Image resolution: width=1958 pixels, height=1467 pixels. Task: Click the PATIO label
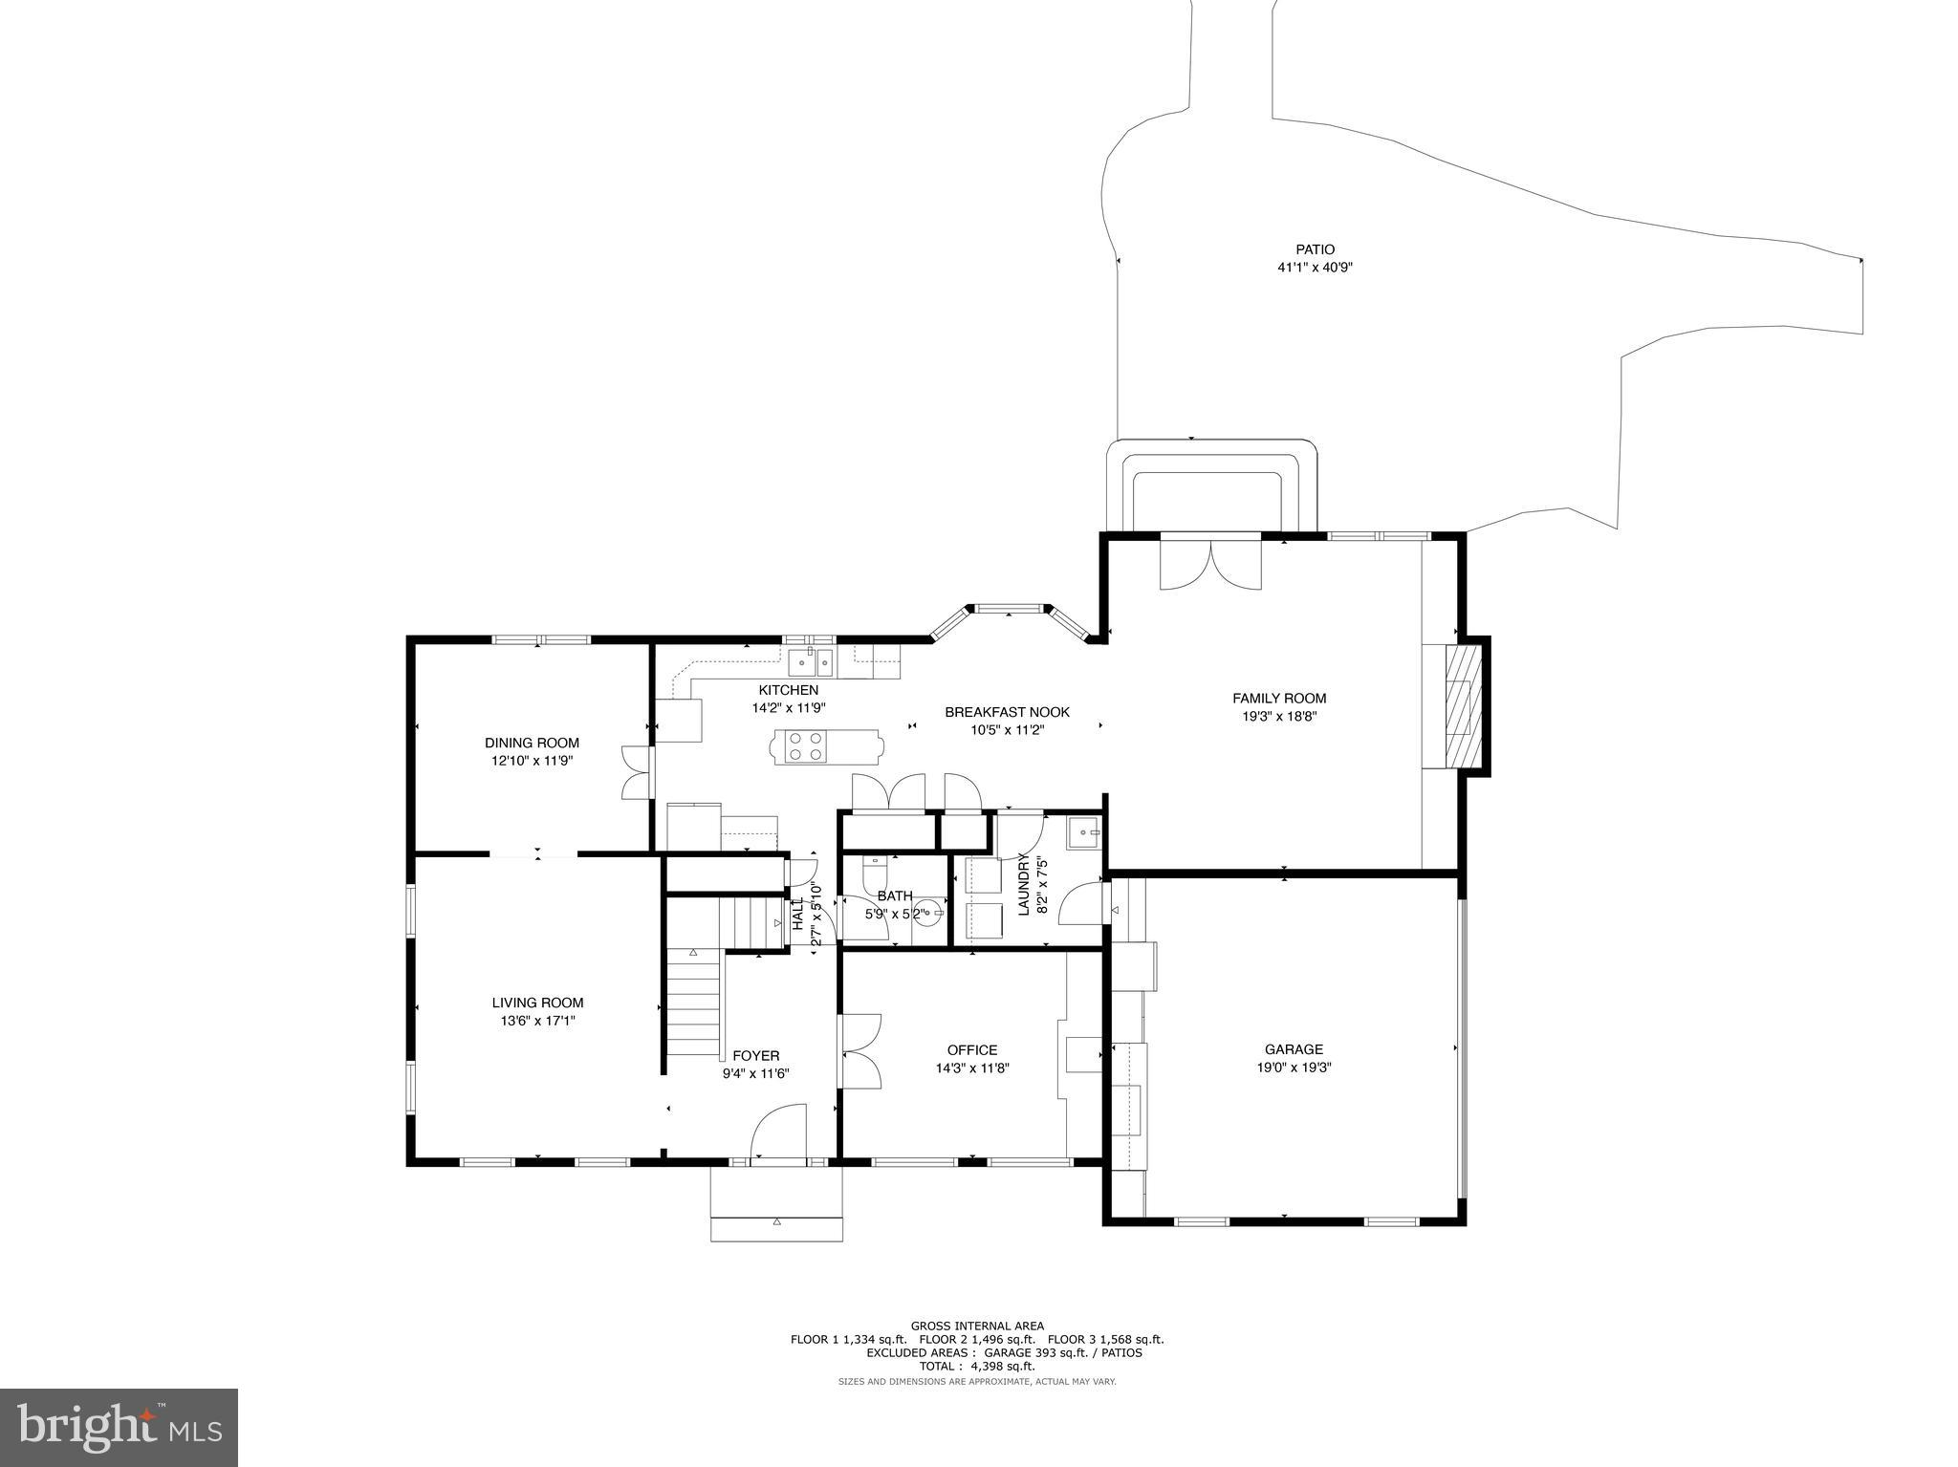coord(1316,249)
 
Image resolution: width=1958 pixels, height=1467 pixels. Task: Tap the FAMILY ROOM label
coord(1279,698)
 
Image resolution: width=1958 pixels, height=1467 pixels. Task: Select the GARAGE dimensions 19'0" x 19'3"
coord(1294,1068)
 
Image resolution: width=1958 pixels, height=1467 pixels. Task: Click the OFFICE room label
coord(972,1049)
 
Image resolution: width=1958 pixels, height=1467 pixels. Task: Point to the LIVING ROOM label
coord(537,1003)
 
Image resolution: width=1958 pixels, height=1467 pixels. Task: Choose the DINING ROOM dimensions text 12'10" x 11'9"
coord(532,761)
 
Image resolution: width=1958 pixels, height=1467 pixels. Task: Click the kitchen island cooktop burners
coord(805,745)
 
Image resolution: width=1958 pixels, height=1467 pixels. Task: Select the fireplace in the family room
coord(1460,705)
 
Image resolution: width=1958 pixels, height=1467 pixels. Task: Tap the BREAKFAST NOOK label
coord(1007,712)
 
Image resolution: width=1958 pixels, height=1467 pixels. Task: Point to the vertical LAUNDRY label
coord(1023,884)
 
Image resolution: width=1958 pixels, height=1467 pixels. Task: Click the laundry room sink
coord(1083,833)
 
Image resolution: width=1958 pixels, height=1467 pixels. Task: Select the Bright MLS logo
coord(119,1427)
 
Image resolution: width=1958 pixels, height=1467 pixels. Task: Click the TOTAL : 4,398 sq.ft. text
coord(976,1366)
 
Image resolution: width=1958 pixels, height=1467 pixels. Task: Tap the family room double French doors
coord(1210,564)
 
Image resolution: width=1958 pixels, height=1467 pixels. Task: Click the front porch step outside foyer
coord(776,1229)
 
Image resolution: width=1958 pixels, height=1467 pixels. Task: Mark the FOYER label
coord(755,1055)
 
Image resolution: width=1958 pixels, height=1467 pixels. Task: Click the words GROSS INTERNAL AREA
coord(976,1326)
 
